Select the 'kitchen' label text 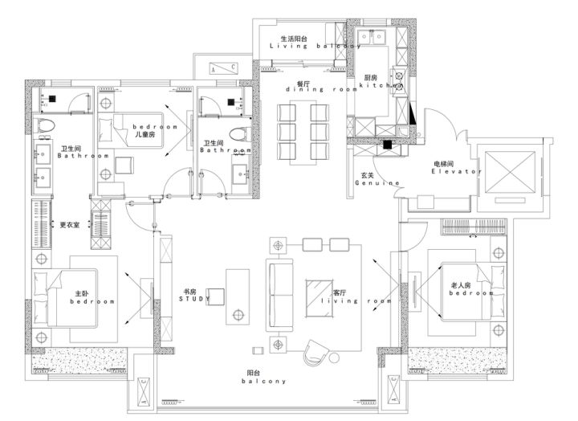pos(381,84)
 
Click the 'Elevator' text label pos(455,172)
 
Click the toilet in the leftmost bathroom pos(45,125)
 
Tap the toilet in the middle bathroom pos(236,134)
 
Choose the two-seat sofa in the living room pos(280,289)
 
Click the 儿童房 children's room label pos(146,134)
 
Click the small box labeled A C pos(222,68)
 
